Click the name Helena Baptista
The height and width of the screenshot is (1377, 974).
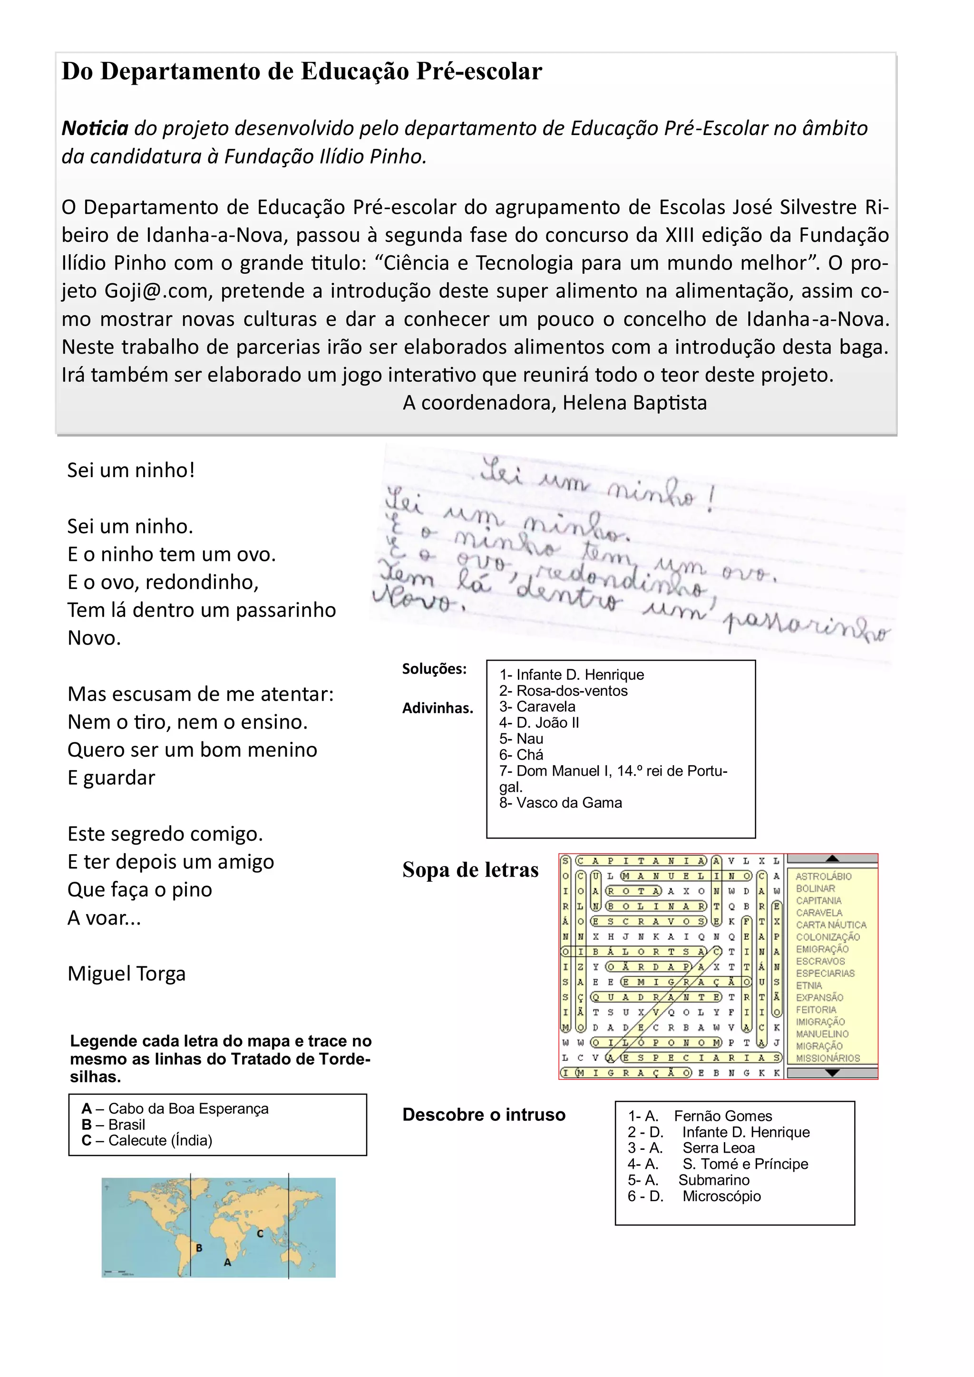coord(634,403)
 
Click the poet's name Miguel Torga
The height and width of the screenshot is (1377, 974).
coord(126,973)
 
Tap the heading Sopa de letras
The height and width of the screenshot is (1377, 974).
coord(470,870)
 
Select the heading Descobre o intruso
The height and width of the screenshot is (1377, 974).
coord(484,1115)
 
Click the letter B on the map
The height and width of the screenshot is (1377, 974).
coord(199,1248)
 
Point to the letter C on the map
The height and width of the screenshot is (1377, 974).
coord(260,1233)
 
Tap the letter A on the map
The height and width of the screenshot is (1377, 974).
coord(227,1262)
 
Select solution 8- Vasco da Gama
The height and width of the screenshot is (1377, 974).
coord(561,802)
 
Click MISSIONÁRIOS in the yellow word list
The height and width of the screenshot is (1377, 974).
coord(828,1058)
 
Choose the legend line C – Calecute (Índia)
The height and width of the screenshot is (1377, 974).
coord(147,1140)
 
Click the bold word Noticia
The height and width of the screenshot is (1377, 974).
coord(95,128)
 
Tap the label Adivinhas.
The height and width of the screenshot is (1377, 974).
coord(438,708)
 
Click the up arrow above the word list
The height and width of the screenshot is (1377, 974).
coord(832,858)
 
